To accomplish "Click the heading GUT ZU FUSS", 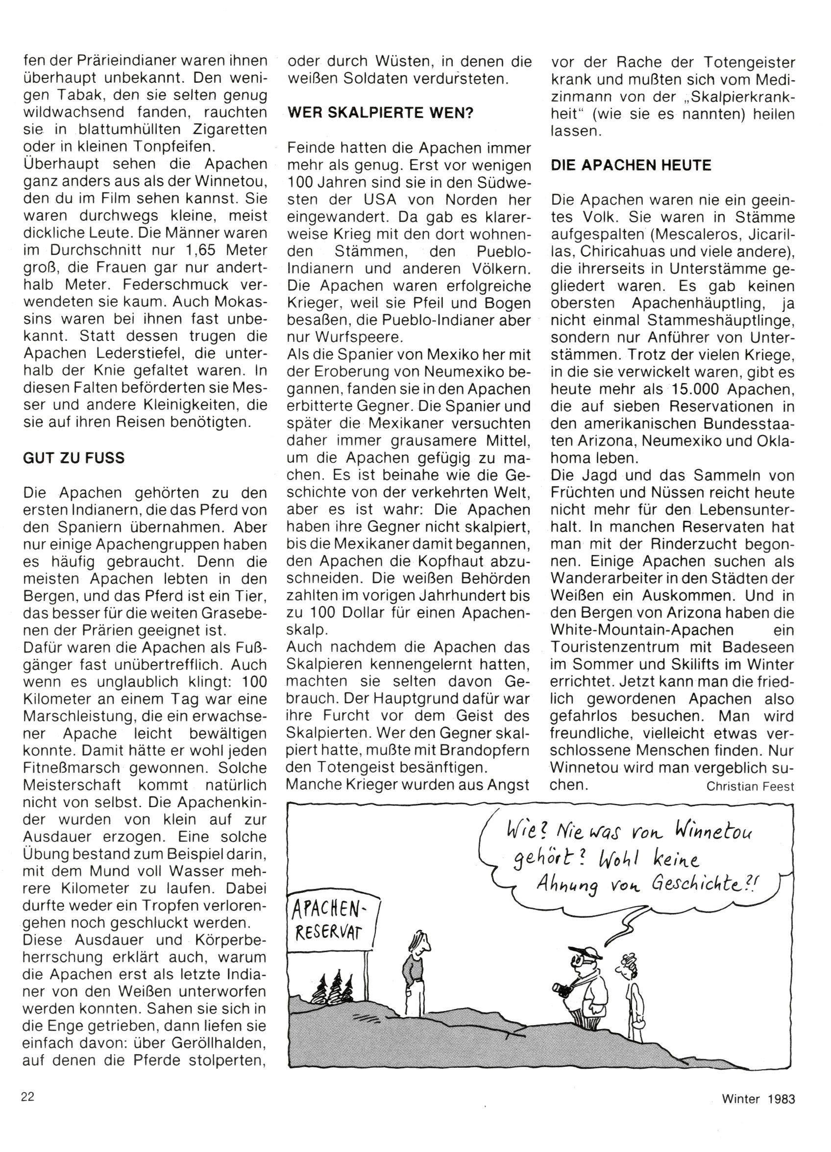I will coord(73,458).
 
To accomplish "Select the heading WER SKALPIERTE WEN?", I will coord(380,113).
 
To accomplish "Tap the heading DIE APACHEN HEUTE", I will coord(631,166).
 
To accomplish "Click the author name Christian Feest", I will coord(750,787).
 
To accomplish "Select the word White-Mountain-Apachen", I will coord(642,630).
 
